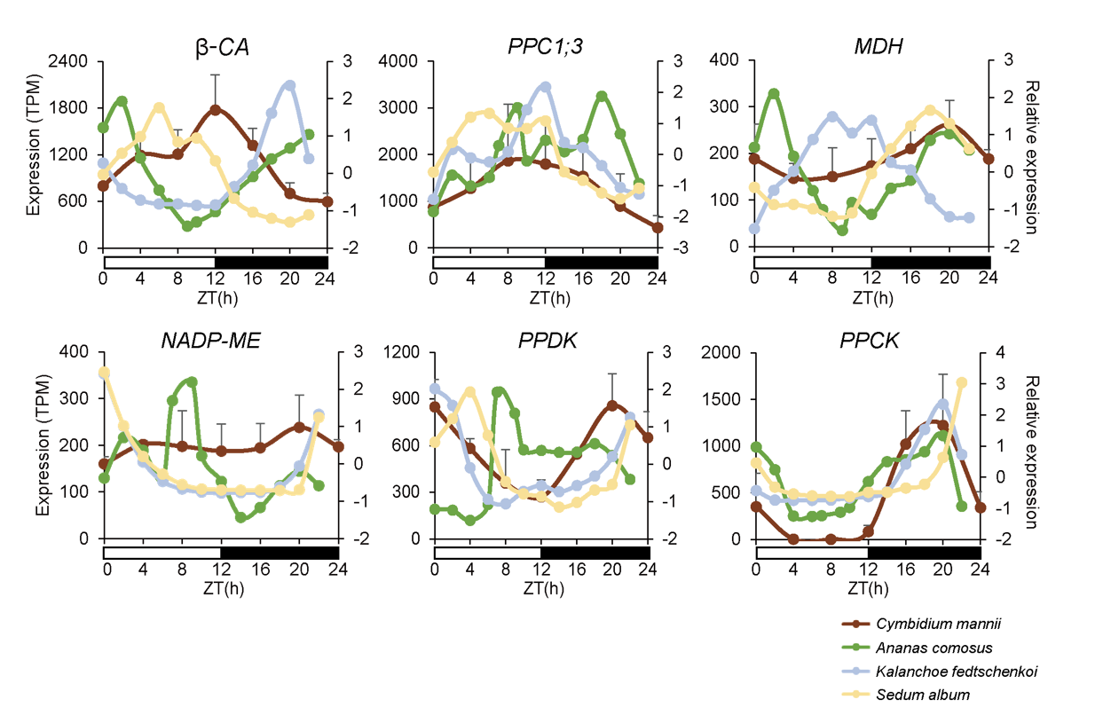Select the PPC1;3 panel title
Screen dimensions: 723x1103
point(544,47)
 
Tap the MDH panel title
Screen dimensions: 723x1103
point(871,47)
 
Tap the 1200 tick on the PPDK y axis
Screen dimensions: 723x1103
point(400,353)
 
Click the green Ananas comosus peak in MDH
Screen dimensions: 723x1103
point(774,93)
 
